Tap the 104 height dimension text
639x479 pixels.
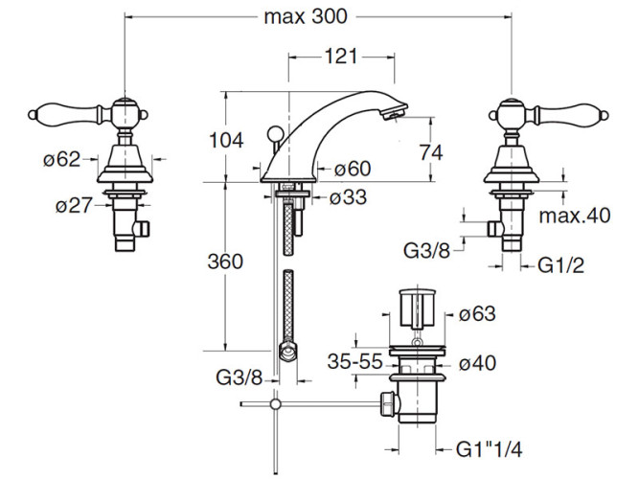click(228, 140)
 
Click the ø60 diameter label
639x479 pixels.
click(351, 170)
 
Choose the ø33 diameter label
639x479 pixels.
click(346, 198)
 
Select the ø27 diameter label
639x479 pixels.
click(74, 204)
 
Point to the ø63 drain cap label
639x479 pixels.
click(477, 312)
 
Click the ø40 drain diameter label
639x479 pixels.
click(477, 363)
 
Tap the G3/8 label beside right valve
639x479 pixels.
click(427, 251)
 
